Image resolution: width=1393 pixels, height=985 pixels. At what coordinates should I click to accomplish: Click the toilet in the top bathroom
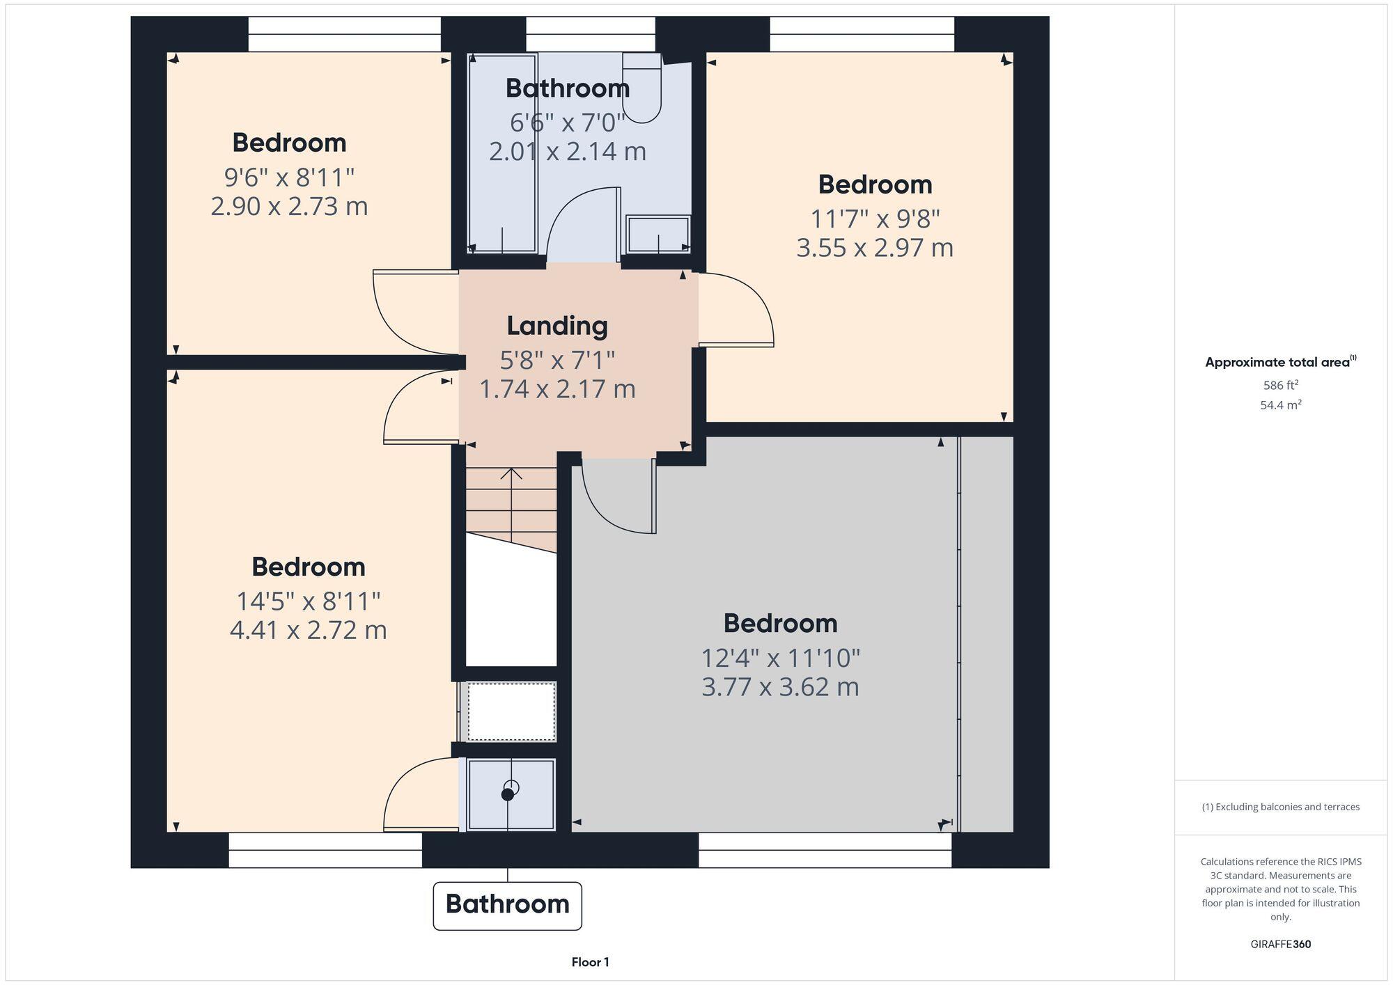click(x=641, y=90)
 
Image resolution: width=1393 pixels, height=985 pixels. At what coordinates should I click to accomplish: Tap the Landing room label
click(x=557, y=326)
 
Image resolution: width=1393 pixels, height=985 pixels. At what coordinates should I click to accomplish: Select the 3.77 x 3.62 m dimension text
click(x=779, y=687)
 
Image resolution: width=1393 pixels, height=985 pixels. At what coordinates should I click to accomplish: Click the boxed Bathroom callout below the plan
click(x=507, y=905)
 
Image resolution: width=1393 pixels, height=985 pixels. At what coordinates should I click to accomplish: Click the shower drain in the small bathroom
click(x=508, y=793)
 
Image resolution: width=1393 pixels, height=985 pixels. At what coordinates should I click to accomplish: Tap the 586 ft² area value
click(x=1280, y=385)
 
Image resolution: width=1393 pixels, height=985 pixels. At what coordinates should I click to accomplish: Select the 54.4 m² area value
click(x=1280, y=405)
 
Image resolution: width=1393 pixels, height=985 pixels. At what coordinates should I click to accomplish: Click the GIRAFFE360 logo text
click(x=1280, y=945)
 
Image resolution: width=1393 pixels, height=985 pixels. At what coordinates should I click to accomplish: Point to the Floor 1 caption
click(x=590, y=963)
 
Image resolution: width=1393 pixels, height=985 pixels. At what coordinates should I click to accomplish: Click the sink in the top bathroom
click(x=658, y=234)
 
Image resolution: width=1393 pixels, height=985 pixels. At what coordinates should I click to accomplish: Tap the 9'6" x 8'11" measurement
click(x=289, y=178)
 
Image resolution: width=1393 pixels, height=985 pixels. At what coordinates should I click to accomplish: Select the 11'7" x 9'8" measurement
click(x=875, y=219)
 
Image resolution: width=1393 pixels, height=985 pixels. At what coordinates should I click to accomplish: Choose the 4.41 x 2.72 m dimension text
click(x=308, y=630)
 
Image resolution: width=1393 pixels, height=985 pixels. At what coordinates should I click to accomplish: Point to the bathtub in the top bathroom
click(x=502, y=153)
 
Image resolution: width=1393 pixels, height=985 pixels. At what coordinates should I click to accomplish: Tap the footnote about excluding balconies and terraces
click(x=1280, y=807)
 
